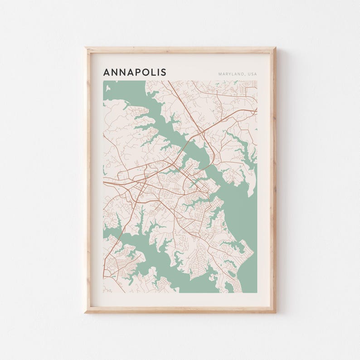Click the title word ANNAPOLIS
tap(135, 72)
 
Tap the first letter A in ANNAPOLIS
tap(107, 72)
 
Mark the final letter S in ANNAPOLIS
tap(163, 72)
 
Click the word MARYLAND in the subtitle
tap(231, 74)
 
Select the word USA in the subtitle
tap(252, 74)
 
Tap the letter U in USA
tap(249, 74)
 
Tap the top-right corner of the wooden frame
tap(275, 48)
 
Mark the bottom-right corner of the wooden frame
tap(275, 312)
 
